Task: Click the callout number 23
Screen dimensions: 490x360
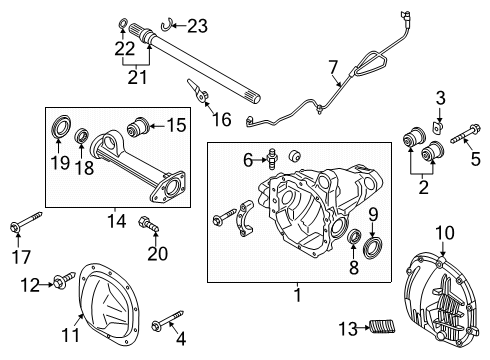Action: click(197, 26)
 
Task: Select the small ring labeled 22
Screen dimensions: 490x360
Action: click(123, 24)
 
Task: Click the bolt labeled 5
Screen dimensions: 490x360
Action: click(465, 134)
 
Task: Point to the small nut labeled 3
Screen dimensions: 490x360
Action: click(437, 128)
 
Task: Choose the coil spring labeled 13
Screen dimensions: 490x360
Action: click(383, 326)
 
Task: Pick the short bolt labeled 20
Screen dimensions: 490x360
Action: click(149, 224)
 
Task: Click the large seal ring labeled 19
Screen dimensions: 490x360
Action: click(60, 126)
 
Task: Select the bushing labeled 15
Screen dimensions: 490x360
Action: click(138, 126)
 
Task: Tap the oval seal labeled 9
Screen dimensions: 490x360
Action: click(372, 247)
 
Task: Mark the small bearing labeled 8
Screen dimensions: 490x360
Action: click(354, 237)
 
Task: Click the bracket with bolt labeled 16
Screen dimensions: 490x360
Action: click(199, 91)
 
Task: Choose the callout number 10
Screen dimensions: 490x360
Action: click(445, 233)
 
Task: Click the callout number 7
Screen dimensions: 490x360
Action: click(333, 67)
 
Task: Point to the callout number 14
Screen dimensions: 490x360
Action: click(117, 221)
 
